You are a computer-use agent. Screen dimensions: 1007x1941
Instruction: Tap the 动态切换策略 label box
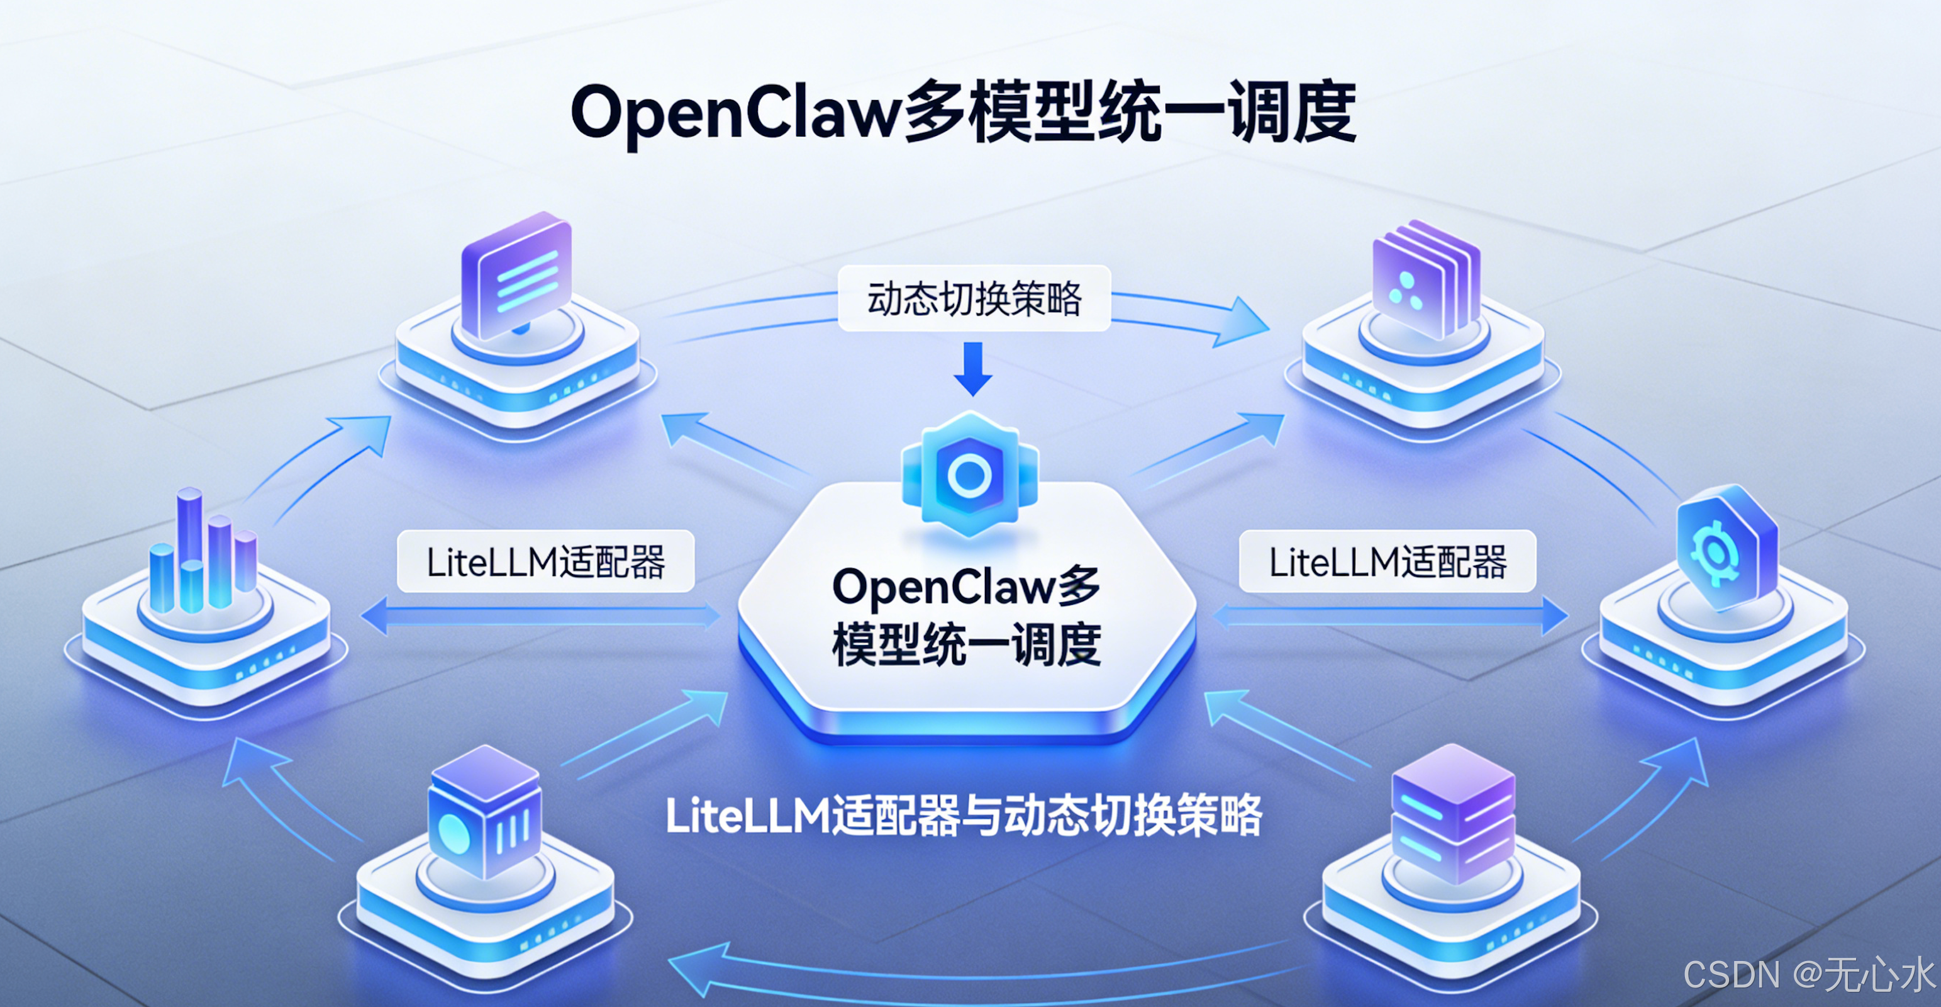click(x=974, y=298)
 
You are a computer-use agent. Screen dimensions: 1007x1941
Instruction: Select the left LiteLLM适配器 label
click(x=545, y=561)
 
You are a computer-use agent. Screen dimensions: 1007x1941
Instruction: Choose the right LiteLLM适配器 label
click(x=1387, y=561)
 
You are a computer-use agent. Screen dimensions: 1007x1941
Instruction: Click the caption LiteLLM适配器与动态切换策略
click(x=964, y=816)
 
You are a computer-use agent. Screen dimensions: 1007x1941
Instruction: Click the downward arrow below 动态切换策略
click(x=973, y=369)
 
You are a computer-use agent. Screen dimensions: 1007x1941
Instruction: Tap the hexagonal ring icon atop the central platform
click(x=970, y=475)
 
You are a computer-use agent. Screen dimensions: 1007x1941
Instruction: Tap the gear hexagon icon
click(x=1724, y=550)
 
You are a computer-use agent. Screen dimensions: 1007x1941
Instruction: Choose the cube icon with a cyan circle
click(x=484, y=814)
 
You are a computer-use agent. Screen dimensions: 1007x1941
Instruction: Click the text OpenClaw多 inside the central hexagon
click(x=965, y=587)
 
